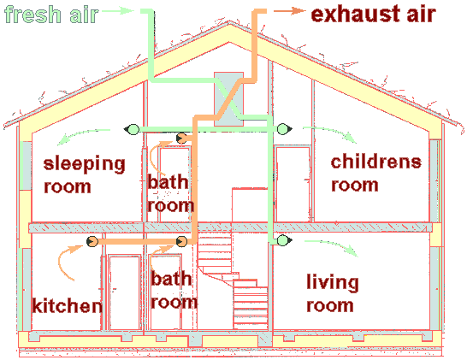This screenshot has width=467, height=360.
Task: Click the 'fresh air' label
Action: [51, 14]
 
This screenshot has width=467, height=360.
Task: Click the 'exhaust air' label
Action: [374, 14]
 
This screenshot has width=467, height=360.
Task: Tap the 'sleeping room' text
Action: [85, 175]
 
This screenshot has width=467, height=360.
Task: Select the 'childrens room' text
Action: [376, 174]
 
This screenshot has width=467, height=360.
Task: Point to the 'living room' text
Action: [333, 293]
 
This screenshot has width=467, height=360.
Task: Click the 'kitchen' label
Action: [67, 305]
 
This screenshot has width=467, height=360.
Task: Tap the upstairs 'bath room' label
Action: [171, 194]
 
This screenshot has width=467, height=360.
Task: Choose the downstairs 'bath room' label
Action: [174, 290]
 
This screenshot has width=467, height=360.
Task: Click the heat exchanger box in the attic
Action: [228, 99]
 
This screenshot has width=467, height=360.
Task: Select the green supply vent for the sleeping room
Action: [132, 129]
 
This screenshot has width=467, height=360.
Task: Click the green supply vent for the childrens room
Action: [284, 129]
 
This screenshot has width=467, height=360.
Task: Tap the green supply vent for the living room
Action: [284, 240]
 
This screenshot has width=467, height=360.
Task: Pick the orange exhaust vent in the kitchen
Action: [92, 241]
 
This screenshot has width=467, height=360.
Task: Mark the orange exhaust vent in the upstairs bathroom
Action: [181, 139]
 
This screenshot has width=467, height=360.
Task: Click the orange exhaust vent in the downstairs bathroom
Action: [181, 241]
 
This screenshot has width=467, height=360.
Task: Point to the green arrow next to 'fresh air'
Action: [118, 11]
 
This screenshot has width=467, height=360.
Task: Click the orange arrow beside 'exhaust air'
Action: [289, 11]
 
